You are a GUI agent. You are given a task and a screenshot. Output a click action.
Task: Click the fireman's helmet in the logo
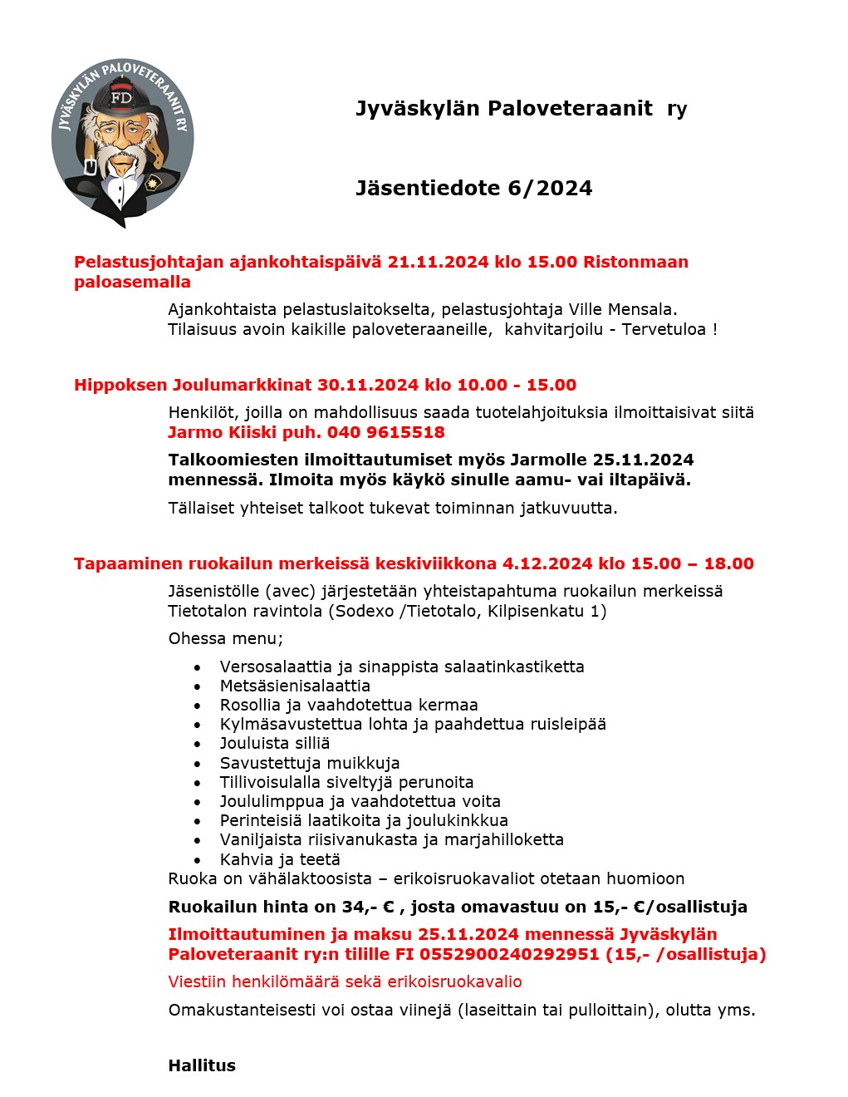tap(122, 97)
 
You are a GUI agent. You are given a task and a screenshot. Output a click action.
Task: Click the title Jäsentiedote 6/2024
tap(473, 189)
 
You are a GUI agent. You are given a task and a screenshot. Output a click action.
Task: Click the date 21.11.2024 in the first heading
tap(438, 262)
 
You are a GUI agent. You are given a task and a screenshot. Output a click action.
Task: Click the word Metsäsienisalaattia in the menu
tap(295, 686)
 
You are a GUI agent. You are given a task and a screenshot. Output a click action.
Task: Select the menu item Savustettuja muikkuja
tap(309, 763)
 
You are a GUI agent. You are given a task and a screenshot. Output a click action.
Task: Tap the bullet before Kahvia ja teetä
tap(197, 860)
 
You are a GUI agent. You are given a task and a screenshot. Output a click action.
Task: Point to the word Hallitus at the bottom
tap(202, 1065)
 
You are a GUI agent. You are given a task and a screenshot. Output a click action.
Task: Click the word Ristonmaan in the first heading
tap(635, 262)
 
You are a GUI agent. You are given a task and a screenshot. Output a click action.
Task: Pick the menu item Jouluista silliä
tap(274, 743)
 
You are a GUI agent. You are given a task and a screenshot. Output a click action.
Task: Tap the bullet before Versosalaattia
tap(197, 667)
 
